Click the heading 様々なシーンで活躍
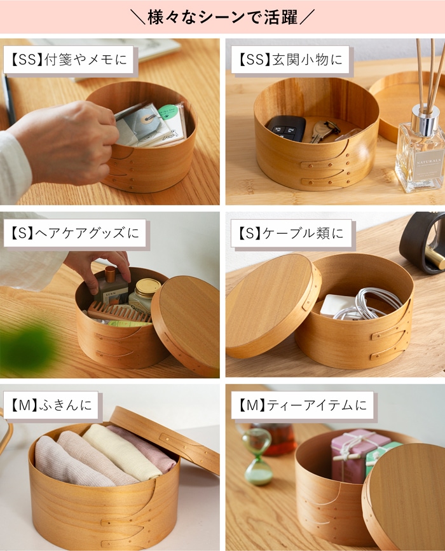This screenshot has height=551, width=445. [222, 17]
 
